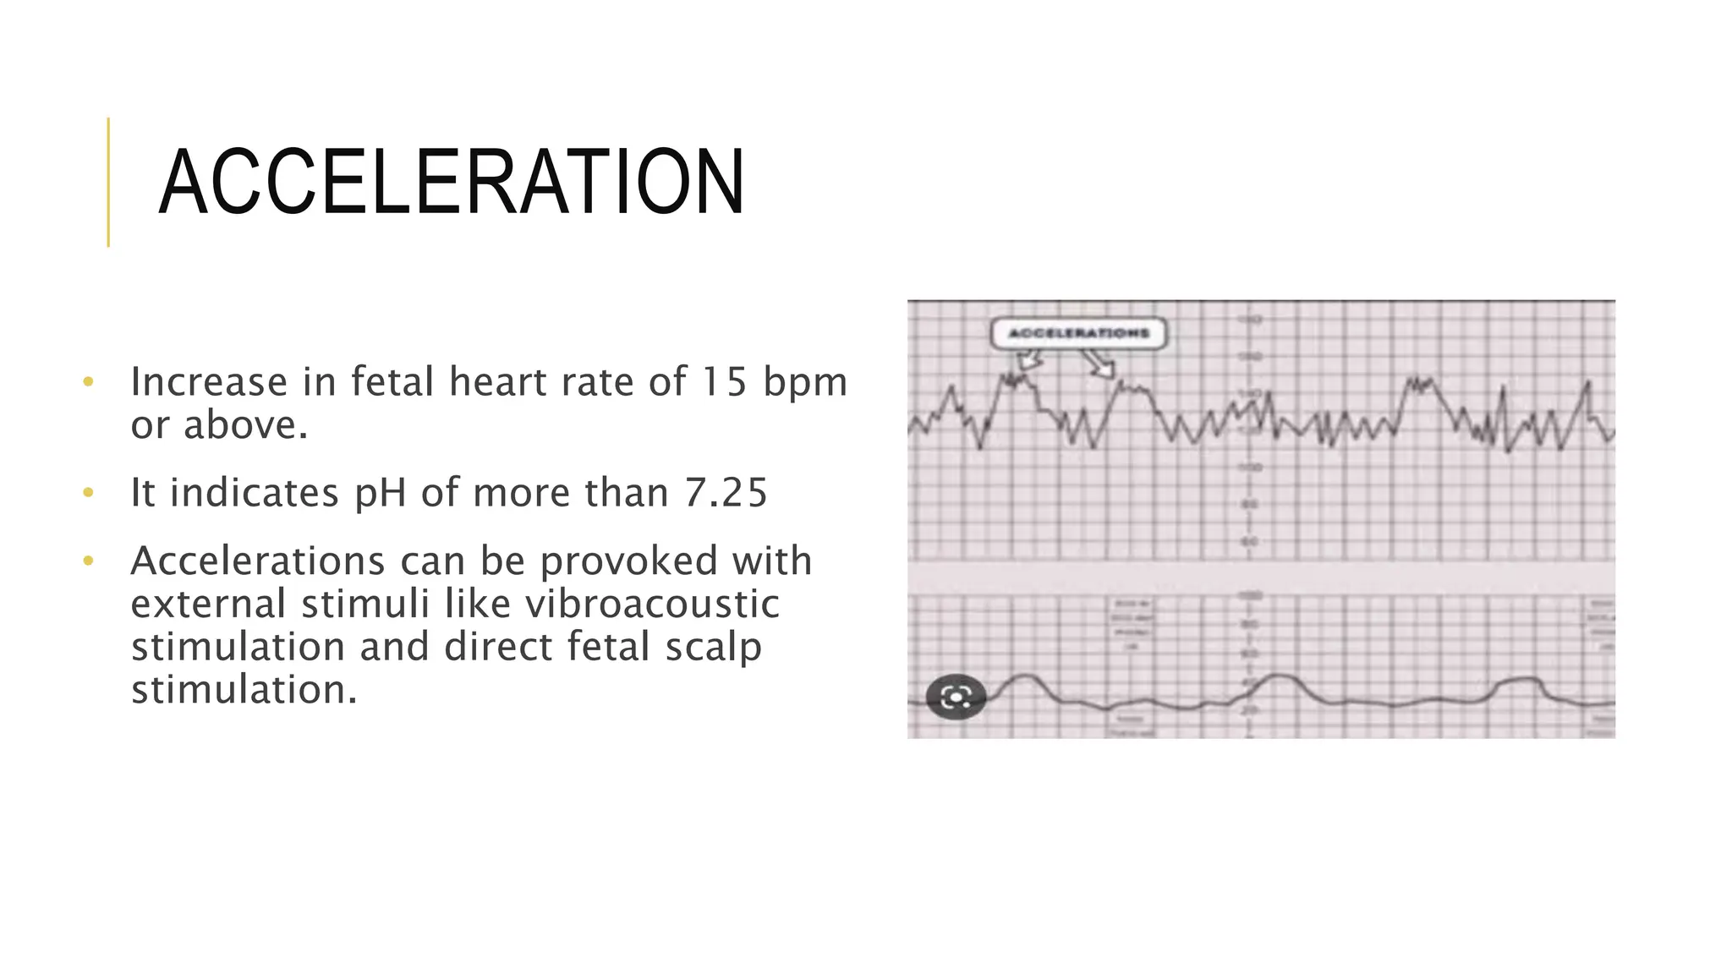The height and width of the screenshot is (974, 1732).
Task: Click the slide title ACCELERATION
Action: click(x=451, y=183)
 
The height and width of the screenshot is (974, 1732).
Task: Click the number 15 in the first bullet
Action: click(x=725, y=382)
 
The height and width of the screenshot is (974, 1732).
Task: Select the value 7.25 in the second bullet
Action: click(x=726, y=493)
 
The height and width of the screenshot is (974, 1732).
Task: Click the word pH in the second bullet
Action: click(x=380, y=493)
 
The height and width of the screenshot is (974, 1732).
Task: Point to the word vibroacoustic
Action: click(x=651, y=604)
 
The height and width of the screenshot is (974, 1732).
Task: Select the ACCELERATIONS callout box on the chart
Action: click(x=1078, y=333)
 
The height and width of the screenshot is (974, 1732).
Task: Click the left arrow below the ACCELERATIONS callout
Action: click(x=1029, y=362)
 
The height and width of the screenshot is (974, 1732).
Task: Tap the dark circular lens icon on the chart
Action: click(x=956, y=697)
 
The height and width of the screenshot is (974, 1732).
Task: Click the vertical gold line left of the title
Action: click(x=108, y=182)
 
